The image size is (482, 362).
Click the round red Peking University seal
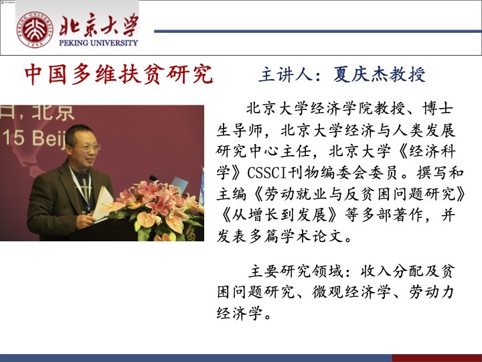pyautogui.click(x=35, y=29)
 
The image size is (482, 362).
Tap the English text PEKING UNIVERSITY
pyautogui.click(x=98, y=43)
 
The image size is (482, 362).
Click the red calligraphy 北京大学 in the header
pyautogui.click(x=98, y=25)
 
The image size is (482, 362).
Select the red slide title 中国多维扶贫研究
pyautogui.click(x=118, y=74)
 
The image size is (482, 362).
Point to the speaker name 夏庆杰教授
pyautogui.click(x=380, y=74)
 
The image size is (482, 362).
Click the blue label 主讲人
pyautogui.click(x=286, y=74)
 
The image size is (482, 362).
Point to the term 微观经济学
pyautogui.click(x=351, y=292)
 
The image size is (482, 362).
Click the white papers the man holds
pyautogui.click(x=102, y=203)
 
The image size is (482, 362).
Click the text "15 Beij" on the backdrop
pyautogui.click(x=34, y=138)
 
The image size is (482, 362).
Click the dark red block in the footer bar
pyautogui.click(x=436, y=358)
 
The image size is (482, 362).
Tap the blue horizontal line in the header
pyautogui.click(x=318, y=31)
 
